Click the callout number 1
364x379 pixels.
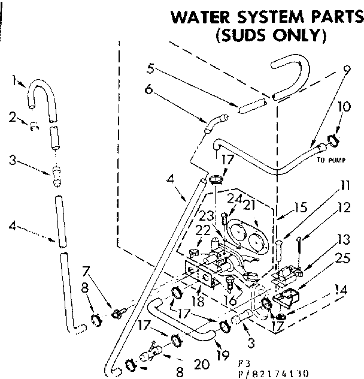coord(13,79)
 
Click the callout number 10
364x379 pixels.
coord(342,109)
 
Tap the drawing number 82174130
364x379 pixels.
coord(276,372)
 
